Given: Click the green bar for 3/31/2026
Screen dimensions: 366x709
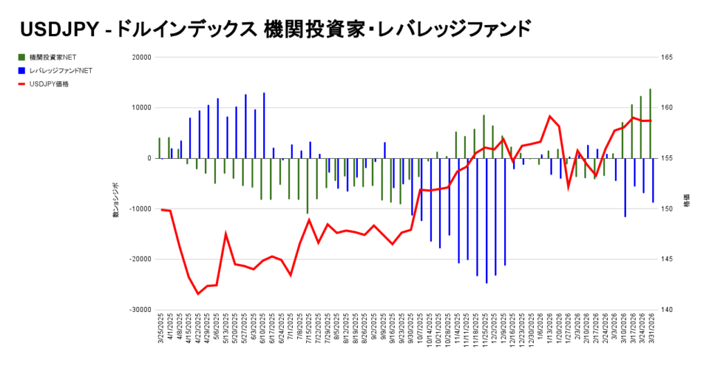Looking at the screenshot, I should (x=650, y=123).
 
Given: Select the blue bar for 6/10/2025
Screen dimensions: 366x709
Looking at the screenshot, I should (x=264, y=125).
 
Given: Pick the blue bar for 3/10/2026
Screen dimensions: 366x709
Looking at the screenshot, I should (x=625, y=187).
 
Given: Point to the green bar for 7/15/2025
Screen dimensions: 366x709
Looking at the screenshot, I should (x=307, y=185).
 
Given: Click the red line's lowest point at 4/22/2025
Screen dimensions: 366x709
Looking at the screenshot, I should (x=198, y=294).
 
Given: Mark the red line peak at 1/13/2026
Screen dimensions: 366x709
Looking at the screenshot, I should (x=550, y=116).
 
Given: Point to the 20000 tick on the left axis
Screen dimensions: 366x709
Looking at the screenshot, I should (x=141, y=58).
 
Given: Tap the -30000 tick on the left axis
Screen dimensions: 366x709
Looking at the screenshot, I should (x=139, y=310).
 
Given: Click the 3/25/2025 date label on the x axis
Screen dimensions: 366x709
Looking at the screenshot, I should (x=161, y=334).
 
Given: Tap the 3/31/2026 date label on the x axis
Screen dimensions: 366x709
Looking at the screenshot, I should (x=651, y=334).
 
